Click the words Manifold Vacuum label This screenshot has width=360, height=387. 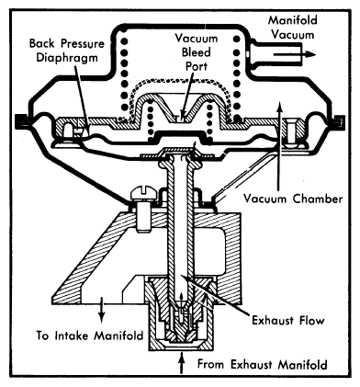pos(292,28)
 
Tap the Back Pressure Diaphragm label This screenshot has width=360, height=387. pos(67,51)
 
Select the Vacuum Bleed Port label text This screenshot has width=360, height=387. pos(197,52)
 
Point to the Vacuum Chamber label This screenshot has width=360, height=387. pos(293,199)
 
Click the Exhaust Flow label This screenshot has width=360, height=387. pos(287,321)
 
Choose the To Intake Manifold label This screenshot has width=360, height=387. pos(90,336)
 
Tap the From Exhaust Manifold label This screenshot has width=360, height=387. pos(263,365)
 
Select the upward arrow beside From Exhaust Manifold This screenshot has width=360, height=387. pos(183,363)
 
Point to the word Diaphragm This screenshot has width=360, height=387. pos(67,58)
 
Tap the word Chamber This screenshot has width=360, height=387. pos(318,199)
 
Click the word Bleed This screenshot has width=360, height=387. pos(197,52)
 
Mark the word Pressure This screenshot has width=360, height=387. pos(83,43)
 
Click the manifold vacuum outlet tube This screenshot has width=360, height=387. pos(276,52)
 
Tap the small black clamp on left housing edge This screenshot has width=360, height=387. pos(21,121)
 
